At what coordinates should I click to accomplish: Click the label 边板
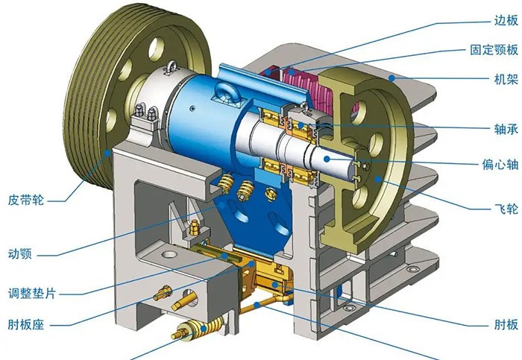pos(506,21)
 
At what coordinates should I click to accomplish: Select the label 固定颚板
pos(494,50)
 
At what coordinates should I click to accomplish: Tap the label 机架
pos(506,79)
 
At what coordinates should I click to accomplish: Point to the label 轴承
pos(506,129)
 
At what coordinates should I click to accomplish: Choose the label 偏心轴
pos(500,165)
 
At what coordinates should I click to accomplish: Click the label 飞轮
pos(506,209)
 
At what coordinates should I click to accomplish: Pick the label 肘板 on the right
pos(506,324)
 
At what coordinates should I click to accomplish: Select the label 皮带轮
pos(26,200)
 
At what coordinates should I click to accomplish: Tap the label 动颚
pos(20,254)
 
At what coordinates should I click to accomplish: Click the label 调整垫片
pos(32,294)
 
